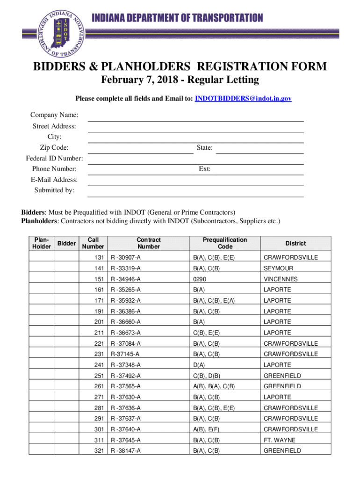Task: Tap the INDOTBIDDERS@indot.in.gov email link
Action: tap(243, 99)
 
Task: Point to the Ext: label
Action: tap(204, 169)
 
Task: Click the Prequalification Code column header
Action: tap(225, 243)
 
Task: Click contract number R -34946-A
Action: tap(125, 279)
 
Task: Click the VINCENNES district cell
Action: tap(281, 279)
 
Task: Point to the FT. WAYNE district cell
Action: tap(279, 440)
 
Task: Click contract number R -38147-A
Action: tap(125, 451)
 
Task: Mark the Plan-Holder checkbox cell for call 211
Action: tap(41, 333)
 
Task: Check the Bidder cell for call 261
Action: tap(66, 386)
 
